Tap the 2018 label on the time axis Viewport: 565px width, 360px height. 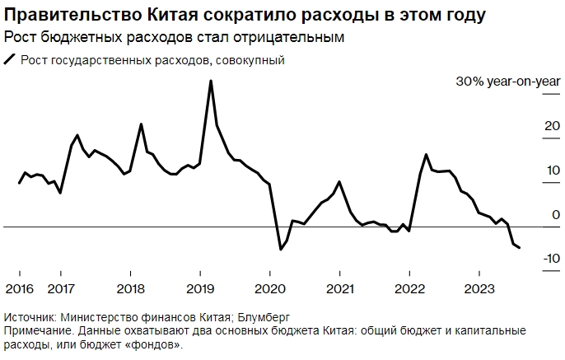coord(130,288)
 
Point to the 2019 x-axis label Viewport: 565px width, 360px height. coord(200,288)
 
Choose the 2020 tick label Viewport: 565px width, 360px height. coord(270,288)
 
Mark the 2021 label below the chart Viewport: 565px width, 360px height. coord(340,288)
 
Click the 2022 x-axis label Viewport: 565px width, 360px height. coord(409,288)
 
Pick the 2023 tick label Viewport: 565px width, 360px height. coord(479,288)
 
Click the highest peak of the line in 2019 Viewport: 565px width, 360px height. coord(211,81)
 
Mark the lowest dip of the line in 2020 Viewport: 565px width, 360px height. coord(281,249)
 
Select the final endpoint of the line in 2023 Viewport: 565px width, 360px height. coord(519,248)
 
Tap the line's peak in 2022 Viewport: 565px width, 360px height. coord(426,155)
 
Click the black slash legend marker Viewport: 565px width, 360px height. coord(10,59)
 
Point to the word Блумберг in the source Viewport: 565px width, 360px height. coord(267,317)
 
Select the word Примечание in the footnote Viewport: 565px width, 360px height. coord(37,330)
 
